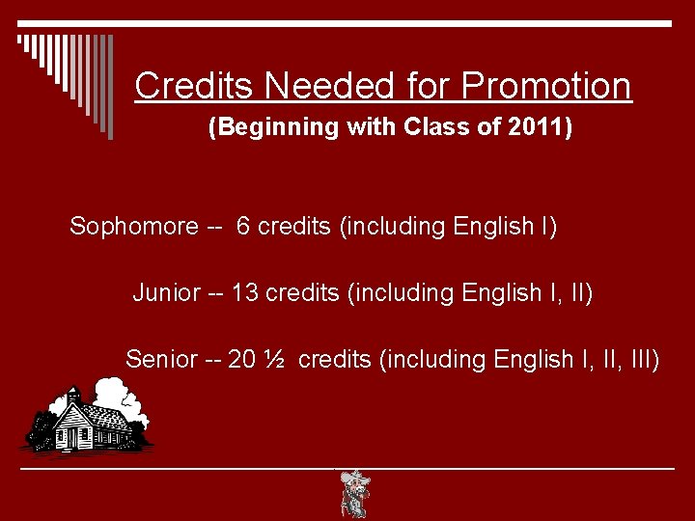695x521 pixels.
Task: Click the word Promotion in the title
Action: pos(546,86)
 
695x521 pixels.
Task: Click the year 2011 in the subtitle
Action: pos(540,127)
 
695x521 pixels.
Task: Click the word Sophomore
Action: pos(133,227)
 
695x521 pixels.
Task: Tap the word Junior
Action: pos(166,292)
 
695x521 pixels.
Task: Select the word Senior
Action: pos(160,360)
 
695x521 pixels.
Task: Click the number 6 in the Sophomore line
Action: pos(243,227)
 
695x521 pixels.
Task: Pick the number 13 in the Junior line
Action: pos(245,292)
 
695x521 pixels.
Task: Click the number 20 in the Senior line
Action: pos(242,360)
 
